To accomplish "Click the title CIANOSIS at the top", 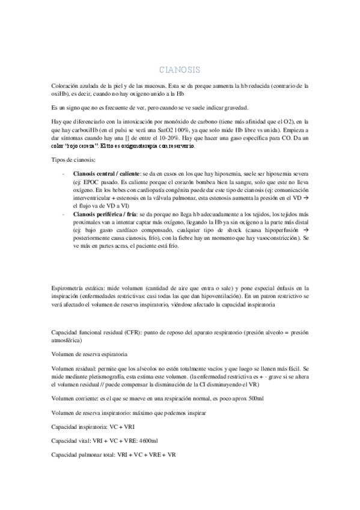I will tap(180, 70).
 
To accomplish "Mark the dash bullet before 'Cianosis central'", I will tap(64, 174).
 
